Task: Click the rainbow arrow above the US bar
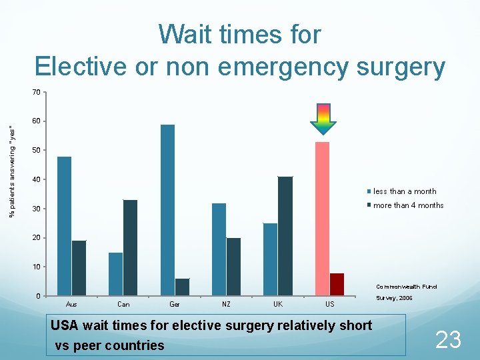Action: coord(323,119)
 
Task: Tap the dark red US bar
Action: coord(337,284)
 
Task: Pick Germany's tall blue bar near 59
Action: coord(167,209)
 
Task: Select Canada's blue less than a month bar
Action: coord(116,273)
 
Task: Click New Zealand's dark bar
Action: coord(233,266)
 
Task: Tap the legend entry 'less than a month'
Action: coord(405,191)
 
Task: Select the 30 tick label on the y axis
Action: coord(37,209)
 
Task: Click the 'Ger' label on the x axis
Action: coord(175,304)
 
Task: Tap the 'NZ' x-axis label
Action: coord(226,304)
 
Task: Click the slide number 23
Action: coord(447,340)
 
